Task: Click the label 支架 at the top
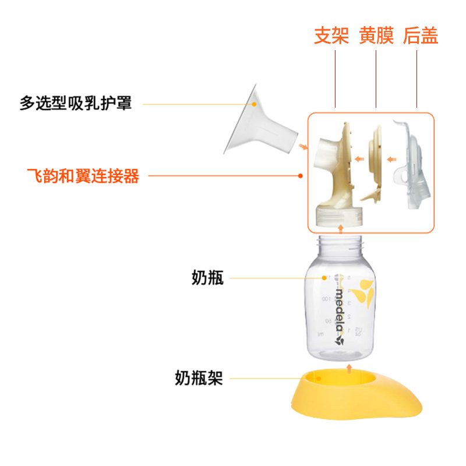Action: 331,36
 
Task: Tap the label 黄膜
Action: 376,36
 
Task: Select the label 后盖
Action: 420,36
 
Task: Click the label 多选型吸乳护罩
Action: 76,104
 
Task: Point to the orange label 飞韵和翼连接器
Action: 83,175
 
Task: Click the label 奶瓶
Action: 207,278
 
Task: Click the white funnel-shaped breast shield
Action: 256,125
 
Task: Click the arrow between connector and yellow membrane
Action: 360,157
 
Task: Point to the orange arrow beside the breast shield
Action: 302,147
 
